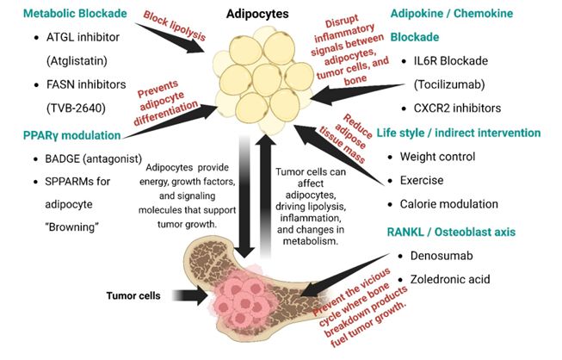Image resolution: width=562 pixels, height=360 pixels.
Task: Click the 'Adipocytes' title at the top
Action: click(x=257, y=14)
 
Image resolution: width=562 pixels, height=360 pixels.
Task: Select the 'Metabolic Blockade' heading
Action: click(x=75, y=13)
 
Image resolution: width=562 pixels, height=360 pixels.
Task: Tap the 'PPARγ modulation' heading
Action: click(x=71, y=135)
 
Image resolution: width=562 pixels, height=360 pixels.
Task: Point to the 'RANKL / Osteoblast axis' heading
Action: click(x=451, y=232)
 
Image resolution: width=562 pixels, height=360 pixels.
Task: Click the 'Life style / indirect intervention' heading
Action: click(x=459, y=133)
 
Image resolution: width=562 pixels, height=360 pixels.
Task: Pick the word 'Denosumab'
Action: click(x=442, y=256)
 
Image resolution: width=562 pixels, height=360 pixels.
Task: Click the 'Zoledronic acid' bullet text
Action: click(x=450, y=279)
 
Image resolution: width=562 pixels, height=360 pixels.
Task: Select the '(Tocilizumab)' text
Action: click(x=449, y=84)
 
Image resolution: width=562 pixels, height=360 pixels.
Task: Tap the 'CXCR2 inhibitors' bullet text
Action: click(x=457, y=108)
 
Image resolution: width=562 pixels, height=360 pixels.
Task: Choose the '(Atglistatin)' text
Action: click(x=77, y=61)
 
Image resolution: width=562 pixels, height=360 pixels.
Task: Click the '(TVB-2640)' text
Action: click(x=76, y=108)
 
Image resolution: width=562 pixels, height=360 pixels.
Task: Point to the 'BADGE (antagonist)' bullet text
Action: click(x=94, y=158)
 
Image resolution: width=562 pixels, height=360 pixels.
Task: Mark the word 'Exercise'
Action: click(x=422, y=180)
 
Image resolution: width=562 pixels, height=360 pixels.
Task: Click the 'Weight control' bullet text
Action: click(x=437, y=157)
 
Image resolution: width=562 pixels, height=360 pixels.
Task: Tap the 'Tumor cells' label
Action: click(x=133, y=295)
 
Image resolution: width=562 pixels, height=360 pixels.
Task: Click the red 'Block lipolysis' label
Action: click(x=175, y=26)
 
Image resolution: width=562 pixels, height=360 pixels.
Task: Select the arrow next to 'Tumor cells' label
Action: click(x=190, y=295)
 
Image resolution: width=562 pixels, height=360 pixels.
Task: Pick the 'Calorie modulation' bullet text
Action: click(x=448, y=204)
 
